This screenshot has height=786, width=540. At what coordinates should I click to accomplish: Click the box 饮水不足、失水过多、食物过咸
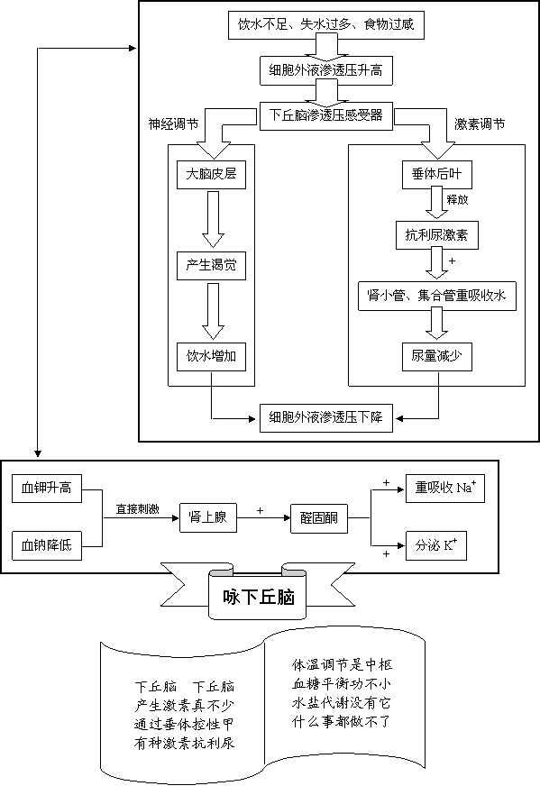point(326,24)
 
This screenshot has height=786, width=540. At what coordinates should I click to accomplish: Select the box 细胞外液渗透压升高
point(326,70)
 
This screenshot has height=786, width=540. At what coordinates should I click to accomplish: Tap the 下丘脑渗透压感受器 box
point(326,116)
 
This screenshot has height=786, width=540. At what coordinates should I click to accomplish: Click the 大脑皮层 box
point(211,175)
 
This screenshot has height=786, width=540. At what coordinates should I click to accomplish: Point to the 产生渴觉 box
point(211,266)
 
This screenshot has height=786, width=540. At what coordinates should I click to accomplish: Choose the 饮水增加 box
point(211,357)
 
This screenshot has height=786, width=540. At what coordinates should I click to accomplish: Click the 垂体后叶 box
point(436,175)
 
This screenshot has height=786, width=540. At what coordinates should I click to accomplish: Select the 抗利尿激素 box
point(436,235)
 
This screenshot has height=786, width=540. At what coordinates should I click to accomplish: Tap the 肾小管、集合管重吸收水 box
point(436,297)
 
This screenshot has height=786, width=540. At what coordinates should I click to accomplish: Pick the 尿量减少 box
point(436,357)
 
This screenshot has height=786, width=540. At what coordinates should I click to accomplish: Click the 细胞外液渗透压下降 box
point(326,418)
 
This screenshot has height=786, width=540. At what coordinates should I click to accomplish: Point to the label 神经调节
point(173,124)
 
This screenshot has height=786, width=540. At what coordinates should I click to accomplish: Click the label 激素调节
point(480,124)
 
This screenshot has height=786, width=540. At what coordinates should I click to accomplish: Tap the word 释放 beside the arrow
point(457,199)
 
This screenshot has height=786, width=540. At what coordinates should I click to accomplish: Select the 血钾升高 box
point(47,489)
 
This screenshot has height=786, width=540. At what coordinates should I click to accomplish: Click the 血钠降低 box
point(47,545)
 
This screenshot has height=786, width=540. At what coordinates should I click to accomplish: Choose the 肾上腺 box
point(208,517)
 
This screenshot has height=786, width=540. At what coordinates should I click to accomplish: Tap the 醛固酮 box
point(319,517)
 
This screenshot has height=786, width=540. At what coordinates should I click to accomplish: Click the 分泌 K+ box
point(436,545)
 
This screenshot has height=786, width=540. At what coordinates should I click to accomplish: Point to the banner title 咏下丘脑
point(258,598)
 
